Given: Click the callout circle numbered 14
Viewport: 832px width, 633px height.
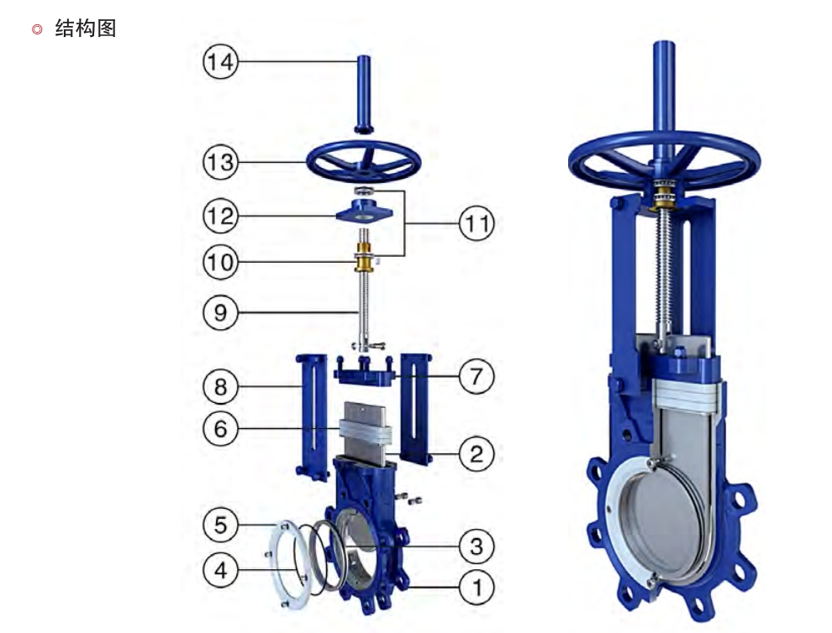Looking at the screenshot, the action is (x=220, y=61).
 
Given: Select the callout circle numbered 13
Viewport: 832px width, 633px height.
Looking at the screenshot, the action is (x=220, y=162).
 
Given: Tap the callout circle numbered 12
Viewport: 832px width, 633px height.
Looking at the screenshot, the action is (x=220, y=216).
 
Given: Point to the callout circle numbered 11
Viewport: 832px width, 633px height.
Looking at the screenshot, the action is (x=476, y=223).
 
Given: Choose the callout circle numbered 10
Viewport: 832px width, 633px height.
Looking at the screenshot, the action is (x=220, y=262).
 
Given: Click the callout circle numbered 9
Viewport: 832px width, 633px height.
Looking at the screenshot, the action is (x=220, y=313).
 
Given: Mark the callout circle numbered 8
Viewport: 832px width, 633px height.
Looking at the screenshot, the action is (x=220, y=386).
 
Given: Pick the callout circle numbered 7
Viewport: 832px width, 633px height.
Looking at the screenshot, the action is (x=476, y=376).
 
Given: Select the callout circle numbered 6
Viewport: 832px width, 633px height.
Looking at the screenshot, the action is (x=220, y=428).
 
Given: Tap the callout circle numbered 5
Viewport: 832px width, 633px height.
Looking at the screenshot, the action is (x=220, y=525).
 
